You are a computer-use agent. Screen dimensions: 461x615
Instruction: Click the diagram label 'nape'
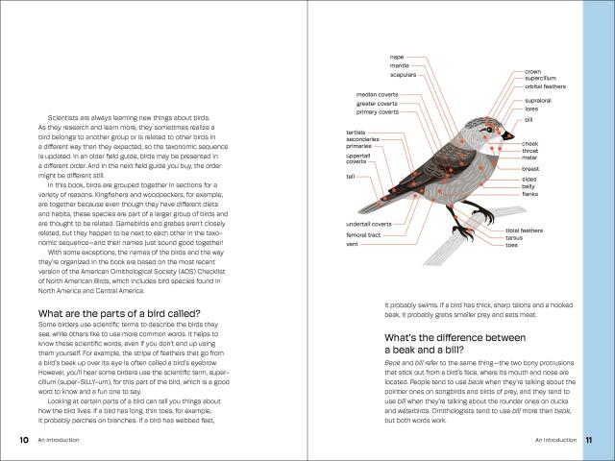(x=397, y=57)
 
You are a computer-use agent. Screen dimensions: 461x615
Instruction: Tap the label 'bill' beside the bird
(x=529, y=120)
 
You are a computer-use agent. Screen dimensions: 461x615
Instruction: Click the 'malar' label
(x=529, y=158)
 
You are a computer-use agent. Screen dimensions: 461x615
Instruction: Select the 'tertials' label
(x=355, y=131)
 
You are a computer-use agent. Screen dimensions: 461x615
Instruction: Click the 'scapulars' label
(x=402, y=74)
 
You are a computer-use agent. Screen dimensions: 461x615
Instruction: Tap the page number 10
(x=23, y=440)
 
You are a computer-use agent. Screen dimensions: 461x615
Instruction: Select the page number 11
(x=589, y=440)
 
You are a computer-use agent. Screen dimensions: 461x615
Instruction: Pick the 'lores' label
(x=530, y=109)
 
